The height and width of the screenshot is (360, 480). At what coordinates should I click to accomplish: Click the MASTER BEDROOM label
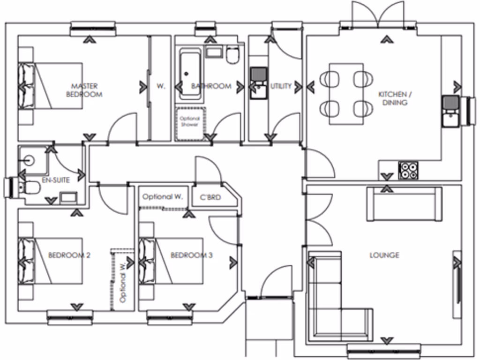coord(84,90)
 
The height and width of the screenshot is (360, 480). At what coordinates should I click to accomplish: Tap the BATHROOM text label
coord(211,86)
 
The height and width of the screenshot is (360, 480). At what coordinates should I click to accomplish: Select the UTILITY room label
coord(281,86)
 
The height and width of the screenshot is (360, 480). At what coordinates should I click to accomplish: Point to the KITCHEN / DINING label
coord(393,98)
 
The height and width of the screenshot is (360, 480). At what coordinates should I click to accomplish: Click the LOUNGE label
coord(384,255)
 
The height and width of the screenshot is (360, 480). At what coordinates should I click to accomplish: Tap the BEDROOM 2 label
coord(69,255)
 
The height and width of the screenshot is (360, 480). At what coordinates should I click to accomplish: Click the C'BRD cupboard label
coord(210,197)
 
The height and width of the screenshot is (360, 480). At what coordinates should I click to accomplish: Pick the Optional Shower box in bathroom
coord(190,123)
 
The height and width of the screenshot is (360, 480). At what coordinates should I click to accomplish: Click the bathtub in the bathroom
coord(190,75)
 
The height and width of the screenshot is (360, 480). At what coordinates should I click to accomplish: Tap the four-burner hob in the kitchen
coord(408,170)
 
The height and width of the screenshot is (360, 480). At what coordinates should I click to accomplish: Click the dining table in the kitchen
coord(346,94)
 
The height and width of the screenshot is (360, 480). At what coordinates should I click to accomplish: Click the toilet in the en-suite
coord(30,187)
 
